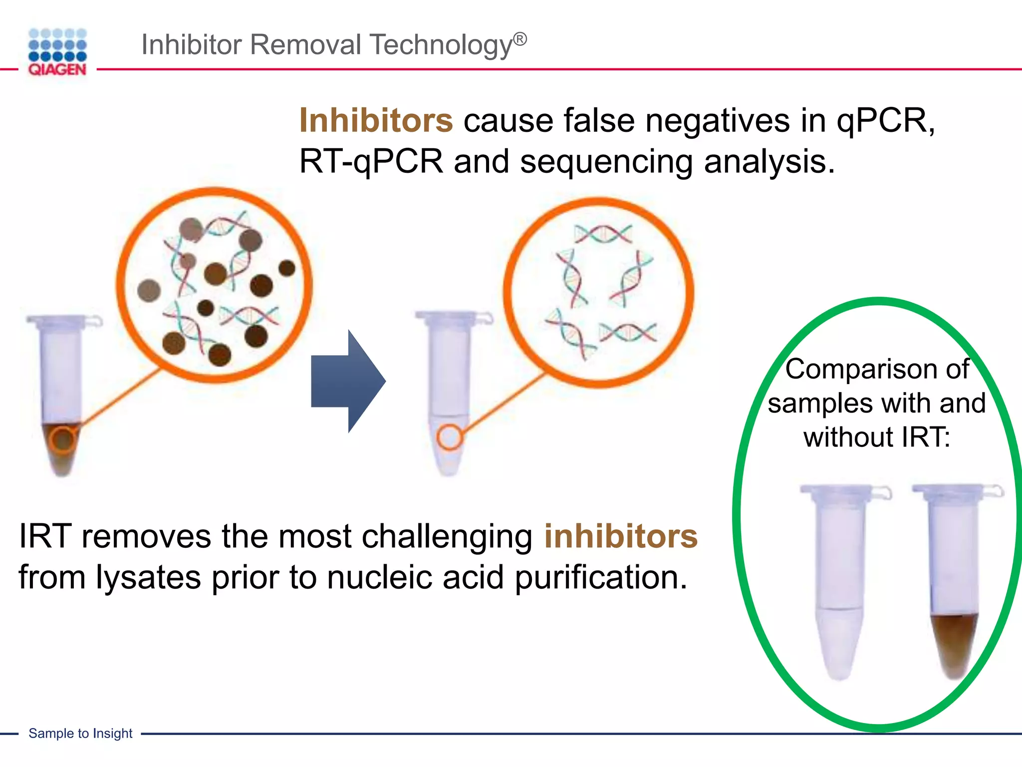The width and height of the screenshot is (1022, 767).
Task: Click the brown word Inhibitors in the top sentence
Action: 376,121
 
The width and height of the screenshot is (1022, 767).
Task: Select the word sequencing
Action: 606,162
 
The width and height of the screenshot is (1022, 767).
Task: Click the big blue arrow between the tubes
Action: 348,381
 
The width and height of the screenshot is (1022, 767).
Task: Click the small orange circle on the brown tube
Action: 62,440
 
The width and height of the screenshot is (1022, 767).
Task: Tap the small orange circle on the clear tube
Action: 450,437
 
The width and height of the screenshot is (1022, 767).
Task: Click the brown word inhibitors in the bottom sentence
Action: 621,536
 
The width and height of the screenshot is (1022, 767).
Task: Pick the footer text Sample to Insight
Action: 80,733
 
